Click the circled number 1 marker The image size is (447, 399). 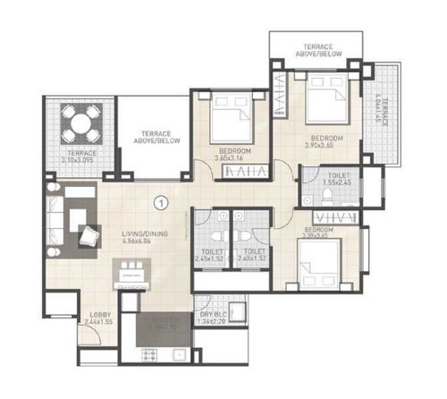[161, 202]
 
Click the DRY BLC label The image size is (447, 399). [213, 315]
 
